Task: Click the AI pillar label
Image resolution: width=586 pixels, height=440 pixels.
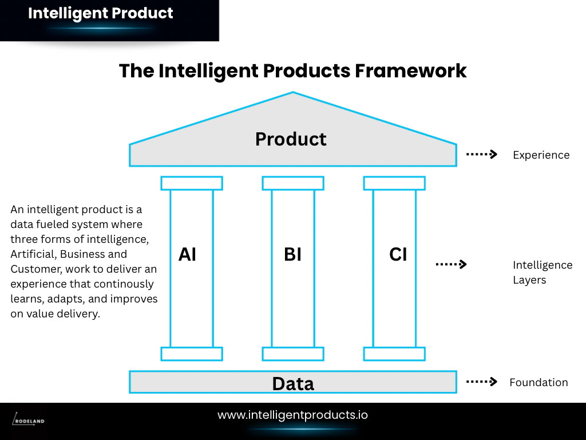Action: click(187, 254)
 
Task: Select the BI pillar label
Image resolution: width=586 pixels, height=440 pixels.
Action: click(292, 254)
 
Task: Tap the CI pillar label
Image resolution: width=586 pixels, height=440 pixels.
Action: click(398, 254)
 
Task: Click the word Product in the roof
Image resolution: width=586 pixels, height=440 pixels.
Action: click(291, 139)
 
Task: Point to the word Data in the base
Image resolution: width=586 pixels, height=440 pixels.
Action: click(293, 383)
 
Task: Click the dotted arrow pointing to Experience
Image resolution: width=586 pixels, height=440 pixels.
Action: click(481, 154)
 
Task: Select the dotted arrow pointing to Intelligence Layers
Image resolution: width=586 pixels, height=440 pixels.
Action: click(451, 264)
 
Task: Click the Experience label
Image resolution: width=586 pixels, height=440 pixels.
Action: click(541, 155)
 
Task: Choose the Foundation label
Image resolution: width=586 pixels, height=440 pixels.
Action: click(539, 382)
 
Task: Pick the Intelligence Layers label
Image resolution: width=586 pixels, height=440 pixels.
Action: click(542, 272)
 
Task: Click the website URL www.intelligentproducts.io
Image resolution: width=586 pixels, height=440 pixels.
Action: click(292, 415)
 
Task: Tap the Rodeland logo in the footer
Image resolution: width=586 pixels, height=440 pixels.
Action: click(29, 420)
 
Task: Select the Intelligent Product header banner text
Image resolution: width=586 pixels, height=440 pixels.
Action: click(101, 13)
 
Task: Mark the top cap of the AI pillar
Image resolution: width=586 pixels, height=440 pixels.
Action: click(192, 183)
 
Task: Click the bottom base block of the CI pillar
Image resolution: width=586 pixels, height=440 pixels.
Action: click(394, 353)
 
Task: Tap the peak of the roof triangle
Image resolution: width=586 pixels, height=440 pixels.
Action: click(293, 93)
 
